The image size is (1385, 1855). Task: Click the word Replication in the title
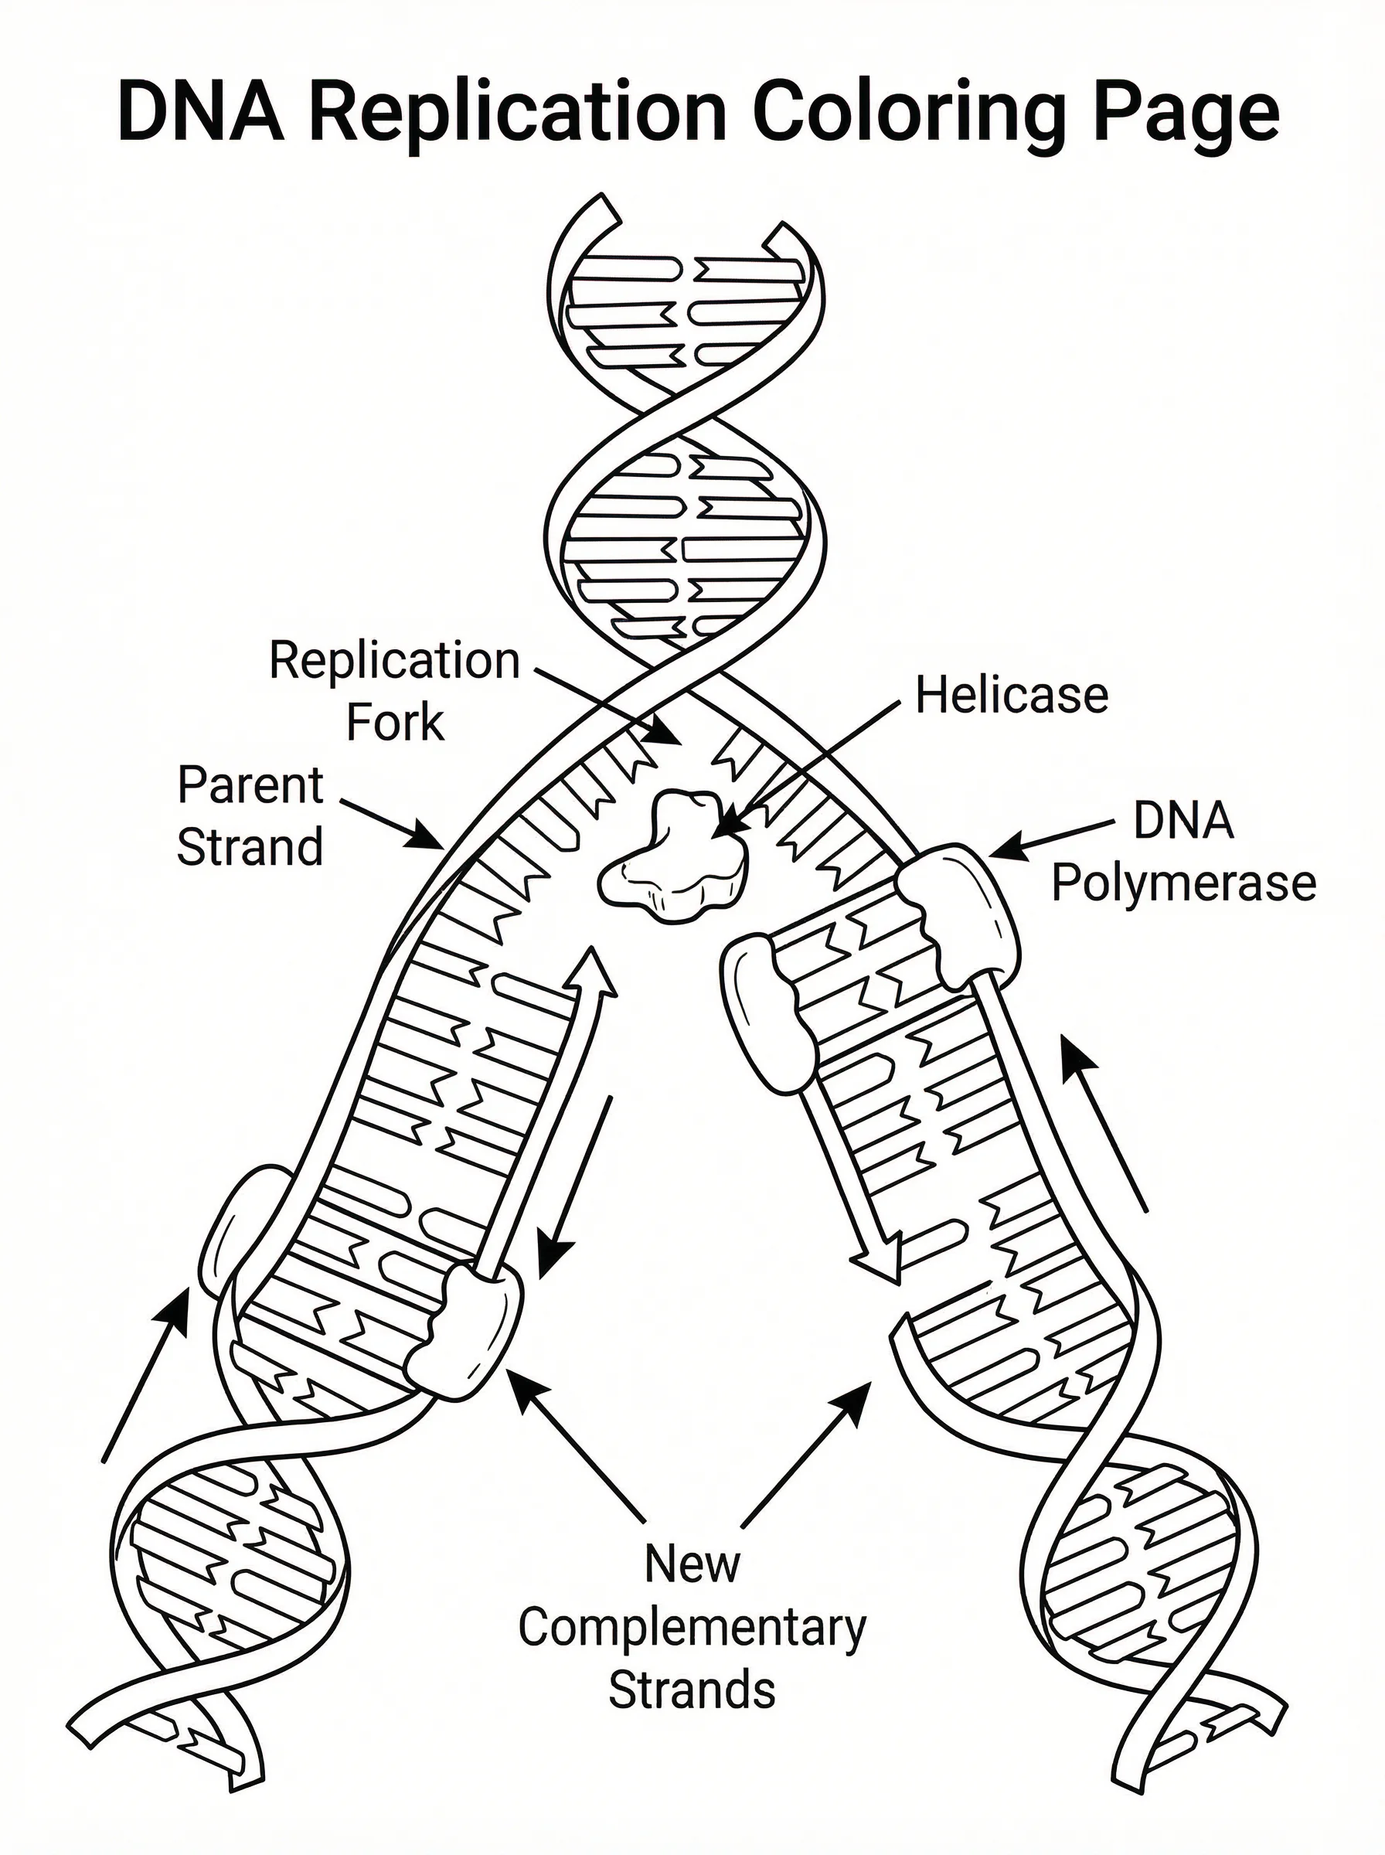(x=517, y=111)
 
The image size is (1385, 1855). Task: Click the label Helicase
(x=1011, y=696)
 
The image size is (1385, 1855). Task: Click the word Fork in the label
(x=394, y=723)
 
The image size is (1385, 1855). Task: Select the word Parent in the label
(x=250, y=786)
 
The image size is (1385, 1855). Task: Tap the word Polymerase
(x=1184, y=883)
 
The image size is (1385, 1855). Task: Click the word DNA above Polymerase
(x=1183, y=822)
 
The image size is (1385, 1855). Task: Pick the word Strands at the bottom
(x=692, y=1690)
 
